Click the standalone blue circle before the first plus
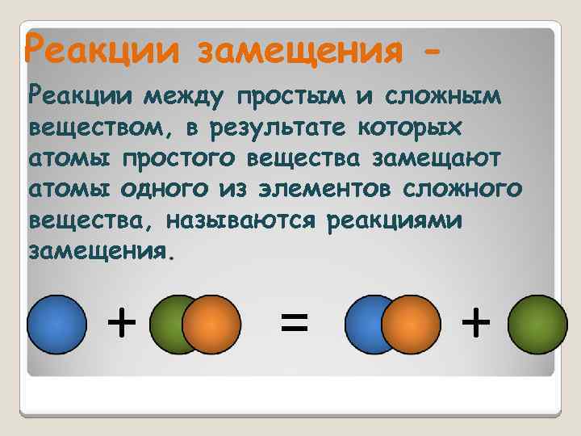click(56, 325)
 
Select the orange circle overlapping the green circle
click(211, 325)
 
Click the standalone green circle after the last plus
click(538, 325)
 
